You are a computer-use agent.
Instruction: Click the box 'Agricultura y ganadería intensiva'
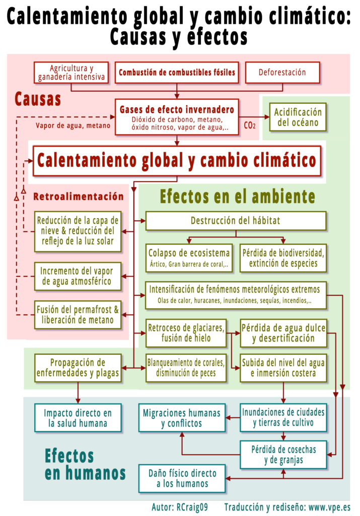(x=71, y=73)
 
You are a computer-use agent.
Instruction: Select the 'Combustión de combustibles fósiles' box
(x=177, y=73)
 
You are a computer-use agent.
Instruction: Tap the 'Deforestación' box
(x=282, y=73)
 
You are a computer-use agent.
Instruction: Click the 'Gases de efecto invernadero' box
(x=177, y=117)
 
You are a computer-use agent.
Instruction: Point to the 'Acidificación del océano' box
(x=298, y=117)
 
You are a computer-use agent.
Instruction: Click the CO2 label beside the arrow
(x=250, y=125)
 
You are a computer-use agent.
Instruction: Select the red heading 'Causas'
(x=38, y=99)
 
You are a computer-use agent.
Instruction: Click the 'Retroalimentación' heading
(x=79, y=197)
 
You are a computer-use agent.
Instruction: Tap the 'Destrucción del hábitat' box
(x=236, y=221)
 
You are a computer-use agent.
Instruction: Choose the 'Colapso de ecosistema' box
(x=189, y=258)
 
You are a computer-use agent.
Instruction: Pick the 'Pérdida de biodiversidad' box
(x=283, y=258)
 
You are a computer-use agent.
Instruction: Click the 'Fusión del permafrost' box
(x=78, y=314)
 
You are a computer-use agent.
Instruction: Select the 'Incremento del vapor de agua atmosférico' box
(x=78, y=276)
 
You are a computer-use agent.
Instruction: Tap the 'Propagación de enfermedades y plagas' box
(x=78, y=367)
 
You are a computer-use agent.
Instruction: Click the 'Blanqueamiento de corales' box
(x=186, y=367)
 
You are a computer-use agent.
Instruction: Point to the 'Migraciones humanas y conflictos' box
(x=182, y=418)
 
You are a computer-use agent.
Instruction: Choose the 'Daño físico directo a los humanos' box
(x=182, y=479)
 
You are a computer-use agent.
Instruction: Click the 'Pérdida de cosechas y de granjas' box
(x=283, y=455)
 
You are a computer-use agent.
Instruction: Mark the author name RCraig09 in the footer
(x=192, y=507)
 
